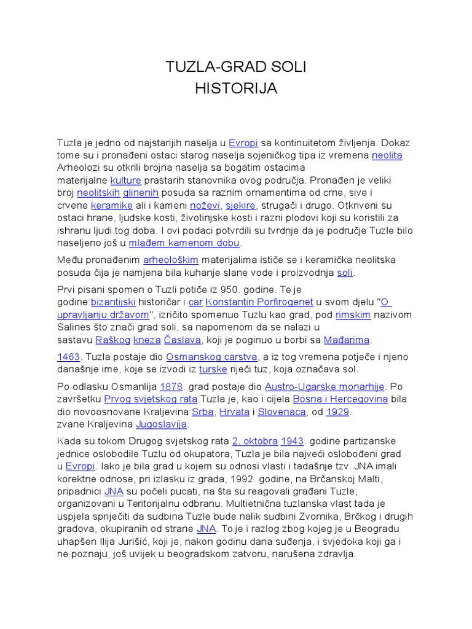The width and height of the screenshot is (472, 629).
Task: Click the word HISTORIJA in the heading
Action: [x=236, y=88]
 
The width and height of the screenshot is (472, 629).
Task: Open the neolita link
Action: [x=387, y=156]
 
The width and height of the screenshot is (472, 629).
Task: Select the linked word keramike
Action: [x=112, y=205]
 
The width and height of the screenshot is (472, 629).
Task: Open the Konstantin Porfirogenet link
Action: [x=259, y=302]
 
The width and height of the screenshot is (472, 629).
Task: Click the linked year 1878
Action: [x=171, y=387]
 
